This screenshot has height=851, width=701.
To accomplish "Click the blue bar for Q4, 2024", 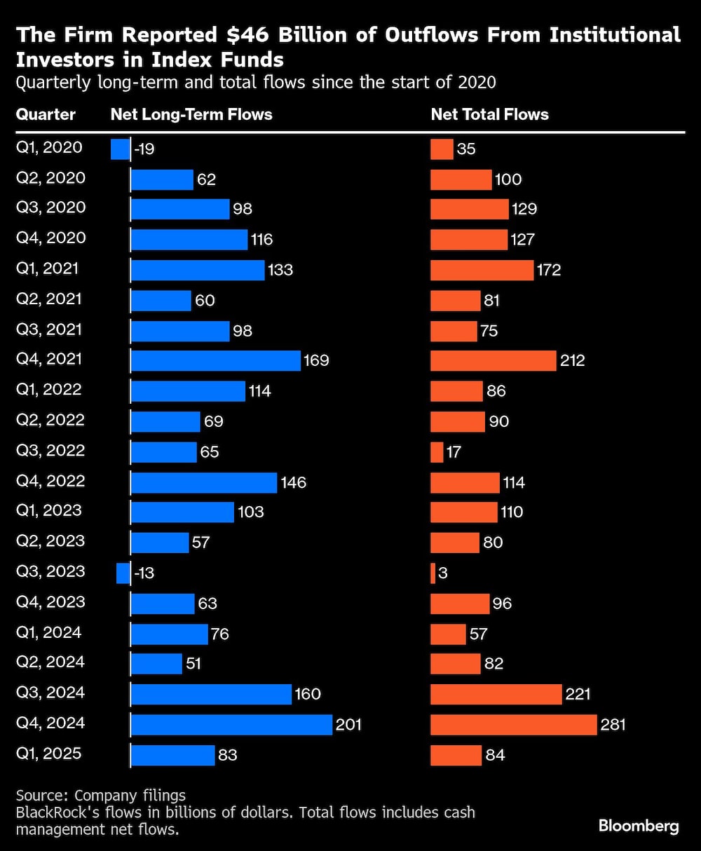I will click(x=231, y=724).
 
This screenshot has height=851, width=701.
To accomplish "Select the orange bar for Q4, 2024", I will click(x=513, y=724).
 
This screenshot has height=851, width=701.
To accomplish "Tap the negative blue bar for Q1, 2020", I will click(x=120, y=149).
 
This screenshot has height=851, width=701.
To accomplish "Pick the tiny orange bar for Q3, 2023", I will click(x=433, y=573).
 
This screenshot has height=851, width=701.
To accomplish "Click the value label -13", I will click(x=144, y=573).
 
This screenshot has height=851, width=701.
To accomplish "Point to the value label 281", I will click(x=613, y=724).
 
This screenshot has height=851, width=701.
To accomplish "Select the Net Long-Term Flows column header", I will click(x=191, y=114).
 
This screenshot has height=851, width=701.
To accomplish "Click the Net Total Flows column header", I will click(x=489, y=114).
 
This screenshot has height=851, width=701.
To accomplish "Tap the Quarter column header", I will click(x=46, y=114).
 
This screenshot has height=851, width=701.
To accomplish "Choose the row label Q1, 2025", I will click(x=49, y=754).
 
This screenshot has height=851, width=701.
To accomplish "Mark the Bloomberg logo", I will click(x=639, y=826).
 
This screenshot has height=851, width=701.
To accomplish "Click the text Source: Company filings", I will click(x=101, y=795).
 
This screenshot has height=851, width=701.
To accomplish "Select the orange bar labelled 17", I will click(x=437, y=452).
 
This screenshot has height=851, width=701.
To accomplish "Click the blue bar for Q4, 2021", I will click(x=215, y=360).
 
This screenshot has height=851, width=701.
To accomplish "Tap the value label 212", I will click(x=572, y=360).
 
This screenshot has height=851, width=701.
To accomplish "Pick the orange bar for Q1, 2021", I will click(x=482, y=270).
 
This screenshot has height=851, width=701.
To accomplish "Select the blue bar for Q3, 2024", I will click(x=211, y=694).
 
